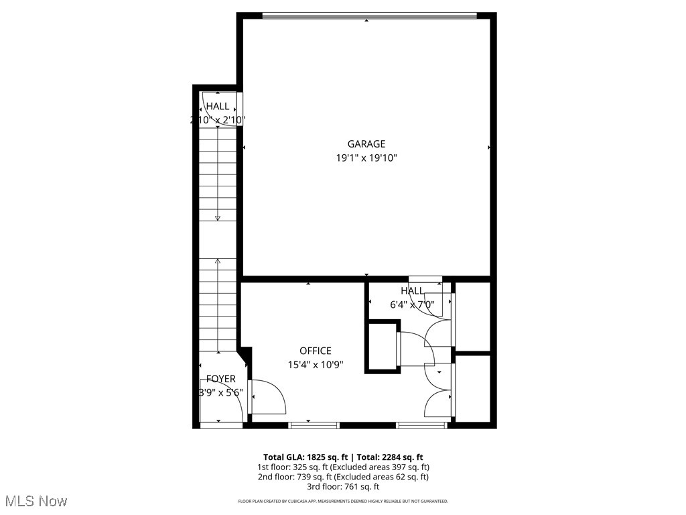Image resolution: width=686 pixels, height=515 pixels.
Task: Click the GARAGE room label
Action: point(366,144)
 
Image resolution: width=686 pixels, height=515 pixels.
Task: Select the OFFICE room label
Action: point(315,351)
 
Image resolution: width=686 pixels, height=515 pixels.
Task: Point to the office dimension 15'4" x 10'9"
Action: point(315,365)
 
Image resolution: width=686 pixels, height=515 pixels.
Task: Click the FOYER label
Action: point(220,379)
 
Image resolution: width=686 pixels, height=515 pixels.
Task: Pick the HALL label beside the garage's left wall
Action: point(217,106)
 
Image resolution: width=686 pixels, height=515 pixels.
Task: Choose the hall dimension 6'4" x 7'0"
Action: point(412,304)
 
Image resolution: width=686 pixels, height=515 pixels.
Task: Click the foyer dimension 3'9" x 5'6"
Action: point(220,393)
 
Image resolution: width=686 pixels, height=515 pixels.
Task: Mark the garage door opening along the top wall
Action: point(368,15)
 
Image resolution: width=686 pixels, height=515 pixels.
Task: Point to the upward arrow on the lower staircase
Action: point(217,263)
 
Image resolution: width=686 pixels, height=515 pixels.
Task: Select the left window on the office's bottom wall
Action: point(314,424)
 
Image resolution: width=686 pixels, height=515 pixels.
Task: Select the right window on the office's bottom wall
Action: point(421,424)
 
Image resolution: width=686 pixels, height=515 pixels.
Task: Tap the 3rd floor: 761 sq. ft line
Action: point(343,487)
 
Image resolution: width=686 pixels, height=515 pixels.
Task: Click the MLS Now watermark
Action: point(35,501)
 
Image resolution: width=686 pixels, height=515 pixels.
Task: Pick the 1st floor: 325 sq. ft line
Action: point(343,467)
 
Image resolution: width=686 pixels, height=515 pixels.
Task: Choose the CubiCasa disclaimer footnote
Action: point(343,502)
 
